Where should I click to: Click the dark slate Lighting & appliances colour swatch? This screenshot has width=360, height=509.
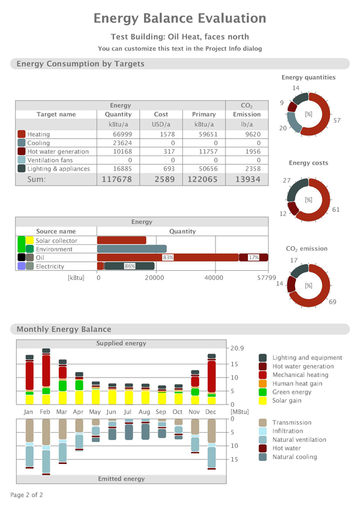point(22,169)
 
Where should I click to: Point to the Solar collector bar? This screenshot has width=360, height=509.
point(122,240)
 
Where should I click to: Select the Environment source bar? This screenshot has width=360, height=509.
point(132,248)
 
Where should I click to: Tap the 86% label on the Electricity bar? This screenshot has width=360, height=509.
point(129,266)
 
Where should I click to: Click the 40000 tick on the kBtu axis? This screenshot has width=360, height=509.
point(214,278)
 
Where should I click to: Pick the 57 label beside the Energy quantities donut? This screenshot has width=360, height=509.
point(337,121)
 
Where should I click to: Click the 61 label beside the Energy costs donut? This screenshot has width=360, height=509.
point(337,210)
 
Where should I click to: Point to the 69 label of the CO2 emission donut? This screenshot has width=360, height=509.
point(332,302)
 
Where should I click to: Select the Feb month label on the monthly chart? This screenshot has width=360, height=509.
point(45,412)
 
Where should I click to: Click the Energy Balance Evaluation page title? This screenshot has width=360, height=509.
point(179,19)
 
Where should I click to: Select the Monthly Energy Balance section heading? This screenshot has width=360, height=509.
point(64,329)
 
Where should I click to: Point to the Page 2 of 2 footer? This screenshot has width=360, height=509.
point(26,495)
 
